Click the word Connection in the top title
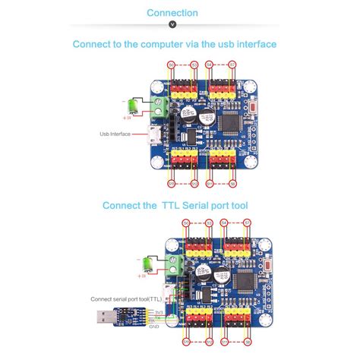172,13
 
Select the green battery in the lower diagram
141,264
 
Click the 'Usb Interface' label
115,134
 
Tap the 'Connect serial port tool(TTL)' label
122,298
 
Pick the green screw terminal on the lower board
175,268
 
